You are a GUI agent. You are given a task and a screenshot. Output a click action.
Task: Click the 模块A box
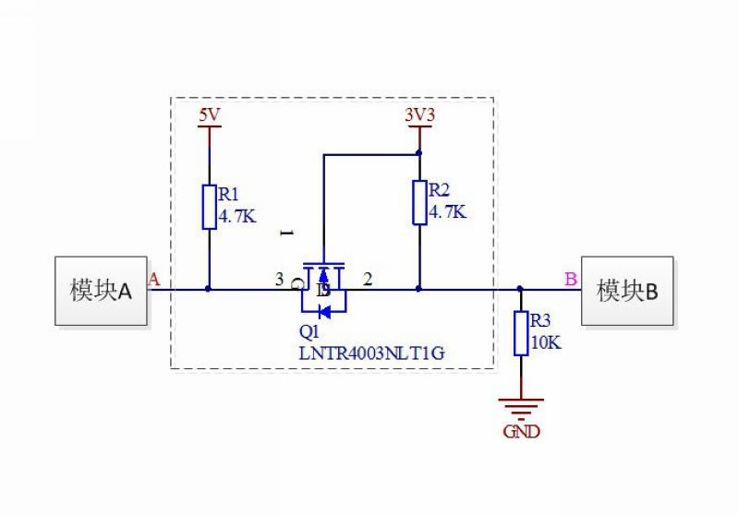tap(101, 291)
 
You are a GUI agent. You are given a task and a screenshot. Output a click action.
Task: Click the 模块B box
tap(627, 291)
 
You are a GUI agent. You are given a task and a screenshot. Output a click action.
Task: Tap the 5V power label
tap(210, 114)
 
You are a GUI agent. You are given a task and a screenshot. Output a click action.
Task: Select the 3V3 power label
tap(419, 114)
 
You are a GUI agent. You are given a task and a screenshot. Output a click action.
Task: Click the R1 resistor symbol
tap(210, 207)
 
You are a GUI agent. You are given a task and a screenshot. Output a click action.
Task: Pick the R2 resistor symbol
tap(419, 202)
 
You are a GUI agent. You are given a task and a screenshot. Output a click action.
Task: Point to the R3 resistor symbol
tap(521, 333)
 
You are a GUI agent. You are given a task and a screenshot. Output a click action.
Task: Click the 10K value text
tap(546, 342)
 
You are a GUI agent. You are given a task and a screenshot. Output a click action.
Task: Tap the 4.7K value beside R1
tap(237, 216)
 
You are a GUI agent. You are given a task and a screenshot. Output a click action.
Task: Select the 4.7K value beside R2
tap(447, 212)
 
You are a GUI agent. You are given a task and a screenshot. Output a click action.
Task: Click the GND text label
tap(521, 431)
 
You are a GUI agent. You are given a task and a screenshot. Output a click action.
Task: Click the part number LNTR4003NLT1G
tap(372, 353)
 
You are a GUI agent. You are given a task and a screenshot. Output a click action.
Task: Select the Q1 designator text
tap(309, 331)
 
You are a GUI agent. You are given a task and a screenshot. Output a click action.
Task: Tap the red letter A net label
tap(154, 279)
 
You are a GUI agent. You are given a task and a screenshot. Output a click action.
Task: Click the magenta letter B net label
tap(571, 279)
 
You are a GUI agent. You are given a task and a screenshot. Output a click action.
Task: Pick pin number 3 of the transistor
tap(280, 279)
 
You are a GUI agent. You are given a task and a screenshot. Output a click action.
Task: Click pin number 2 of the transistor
tap(368, 279)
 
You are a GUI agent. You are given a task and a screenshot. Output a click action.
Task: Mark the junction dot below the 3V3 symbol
tap(419, 153)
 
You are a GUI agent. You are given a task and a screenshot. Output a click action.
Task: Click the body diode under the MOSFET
tap(325, 311)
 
